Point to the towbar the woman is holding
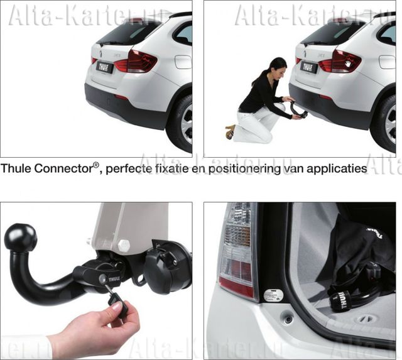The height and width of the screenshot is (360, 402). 300,112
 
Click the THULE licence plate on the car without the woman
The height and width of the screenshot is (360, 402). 104,67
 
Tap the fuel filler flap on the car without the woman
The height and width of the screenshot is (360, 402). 183,62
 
